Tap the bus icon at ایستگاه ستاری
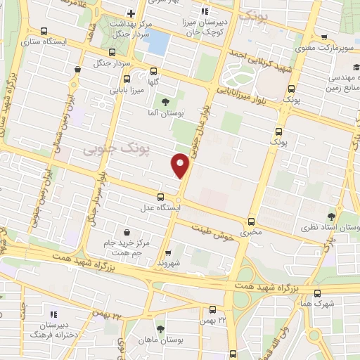tap(45, 32)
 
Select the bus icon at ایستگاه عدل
tap(161, 197)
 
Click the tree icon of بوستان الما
tap(165, 102)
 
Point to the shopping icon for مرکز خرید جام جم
tap(126, 232)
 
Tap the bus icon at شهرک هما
tap(318, 292)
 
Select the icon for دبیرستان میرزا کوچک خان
tap(205, 11)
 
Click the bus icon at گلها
tap(154, 70)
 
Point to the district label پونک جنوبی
tap(108, 149)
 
